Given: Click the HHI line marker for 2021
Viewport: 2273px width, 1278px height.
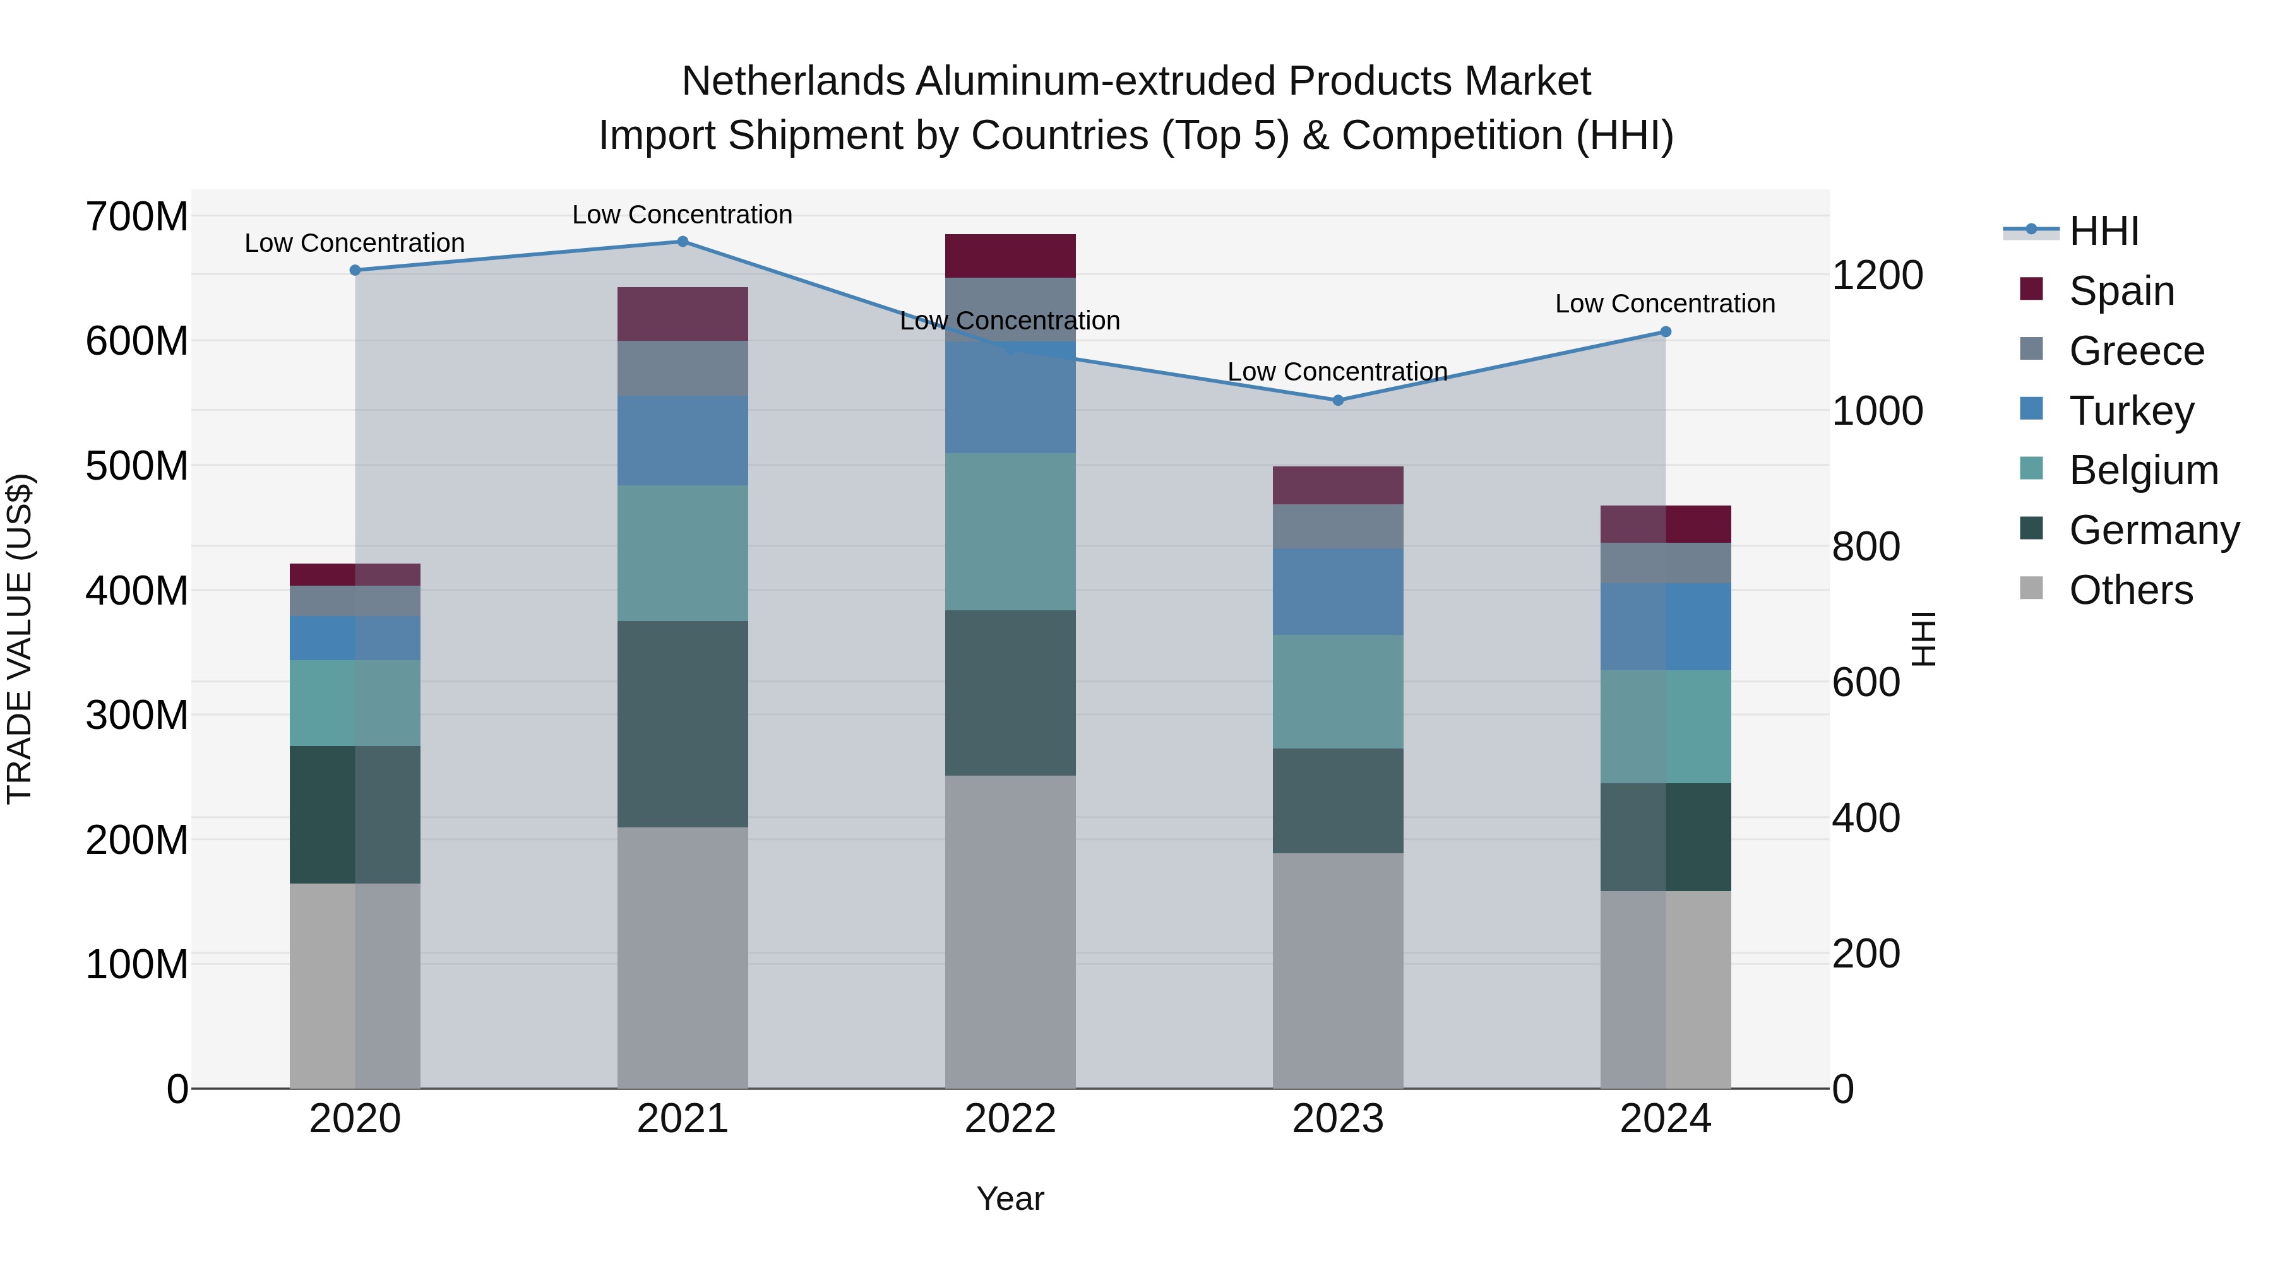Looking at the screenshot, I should click(x=682, y=242).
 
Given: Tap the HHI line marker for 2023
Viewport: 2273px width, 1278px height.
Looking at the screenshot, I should click(x=1338, y=400).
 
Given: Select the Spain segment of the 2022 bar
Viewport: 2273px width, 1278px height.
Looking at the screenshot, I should click(x=1010, y=256).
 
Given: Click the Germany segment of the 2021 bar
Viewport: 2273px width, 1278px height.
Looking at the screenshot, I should click(x=682, y=723).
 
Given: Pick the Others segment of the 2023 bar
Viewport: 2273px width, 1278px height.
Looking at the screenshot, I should click(x=1338, y=970).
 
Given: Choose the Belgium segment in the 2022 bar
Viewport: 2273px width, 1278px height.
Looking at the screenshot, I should click(x=1010, y=532).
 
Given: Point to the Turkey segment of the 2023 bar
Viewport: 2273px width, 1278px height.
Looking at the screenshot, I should click(x=1338, y=592).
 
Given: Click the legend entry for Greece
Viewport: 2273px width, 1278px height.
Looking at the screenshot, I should click(x=2135, y=351).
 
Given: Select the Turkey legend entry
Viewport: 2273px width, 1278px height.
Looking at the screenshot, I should click(x=2130, y=411).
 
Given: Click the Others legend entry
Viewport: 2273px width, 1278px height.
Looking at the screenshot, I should click(x=2130, y=590).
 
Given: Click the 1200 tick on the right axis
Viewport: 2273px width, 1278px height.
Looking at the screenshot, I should click(x=1877, y=275).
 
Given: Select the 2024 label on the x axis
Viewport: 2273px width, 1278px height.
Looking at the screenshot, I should click(x=1665, y=1119).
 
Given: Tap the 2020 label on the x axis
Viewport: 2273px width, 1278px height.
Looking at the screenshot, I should click(x=355, y=1119).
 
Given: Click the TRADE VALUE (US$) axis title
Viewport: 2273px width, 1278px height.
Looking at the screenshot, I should click(x=20, y=639).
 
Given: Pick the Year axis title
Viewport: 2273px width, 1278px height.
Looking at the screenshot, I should click(x=1010, y=1198).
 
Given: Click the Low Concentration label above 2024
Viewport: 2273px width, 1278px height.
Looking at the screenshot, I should click(x=1664, y=304).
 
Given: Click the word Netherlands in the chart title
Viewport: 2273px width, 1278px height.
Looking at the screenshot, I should click(x=792, y=81).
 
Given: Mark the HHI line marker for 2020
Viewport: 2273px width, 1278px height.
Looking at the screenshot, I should click(x=355, y=271).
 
